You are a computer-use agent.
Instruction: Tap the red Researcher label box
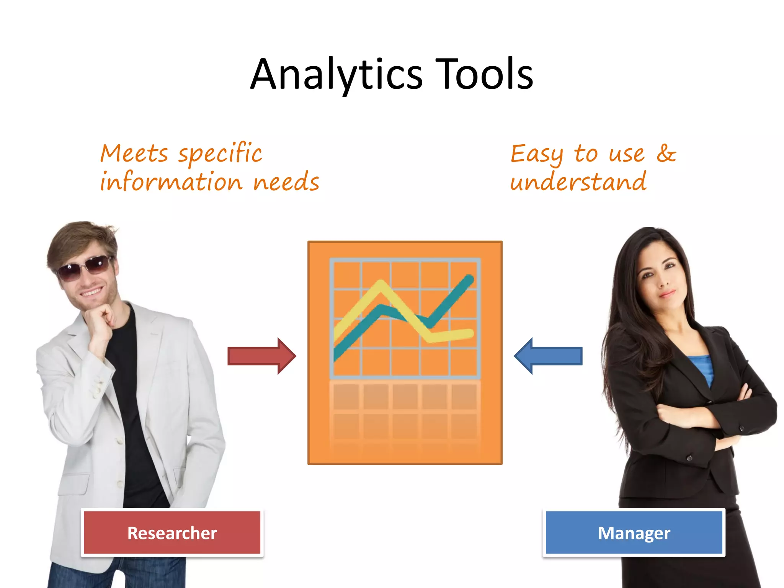click(172, 532)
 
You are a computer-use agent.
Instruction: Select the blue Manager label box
click(634, 532)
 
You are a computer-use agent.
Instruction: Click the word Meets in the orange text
click(134, 154)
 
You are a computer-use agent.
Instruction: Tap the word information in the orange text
click(171, 181)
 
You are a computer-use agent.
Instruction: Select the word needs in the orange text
click(286, 182)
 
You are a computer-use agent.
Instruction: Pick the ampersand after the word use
click(666, 154)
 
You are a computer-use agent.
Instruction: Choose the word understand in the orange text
click(578, 181)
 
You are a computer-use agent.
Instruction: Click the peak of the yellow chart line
click(380, 285)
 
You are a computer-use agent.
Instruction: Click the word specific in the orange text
click(220, 154)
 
